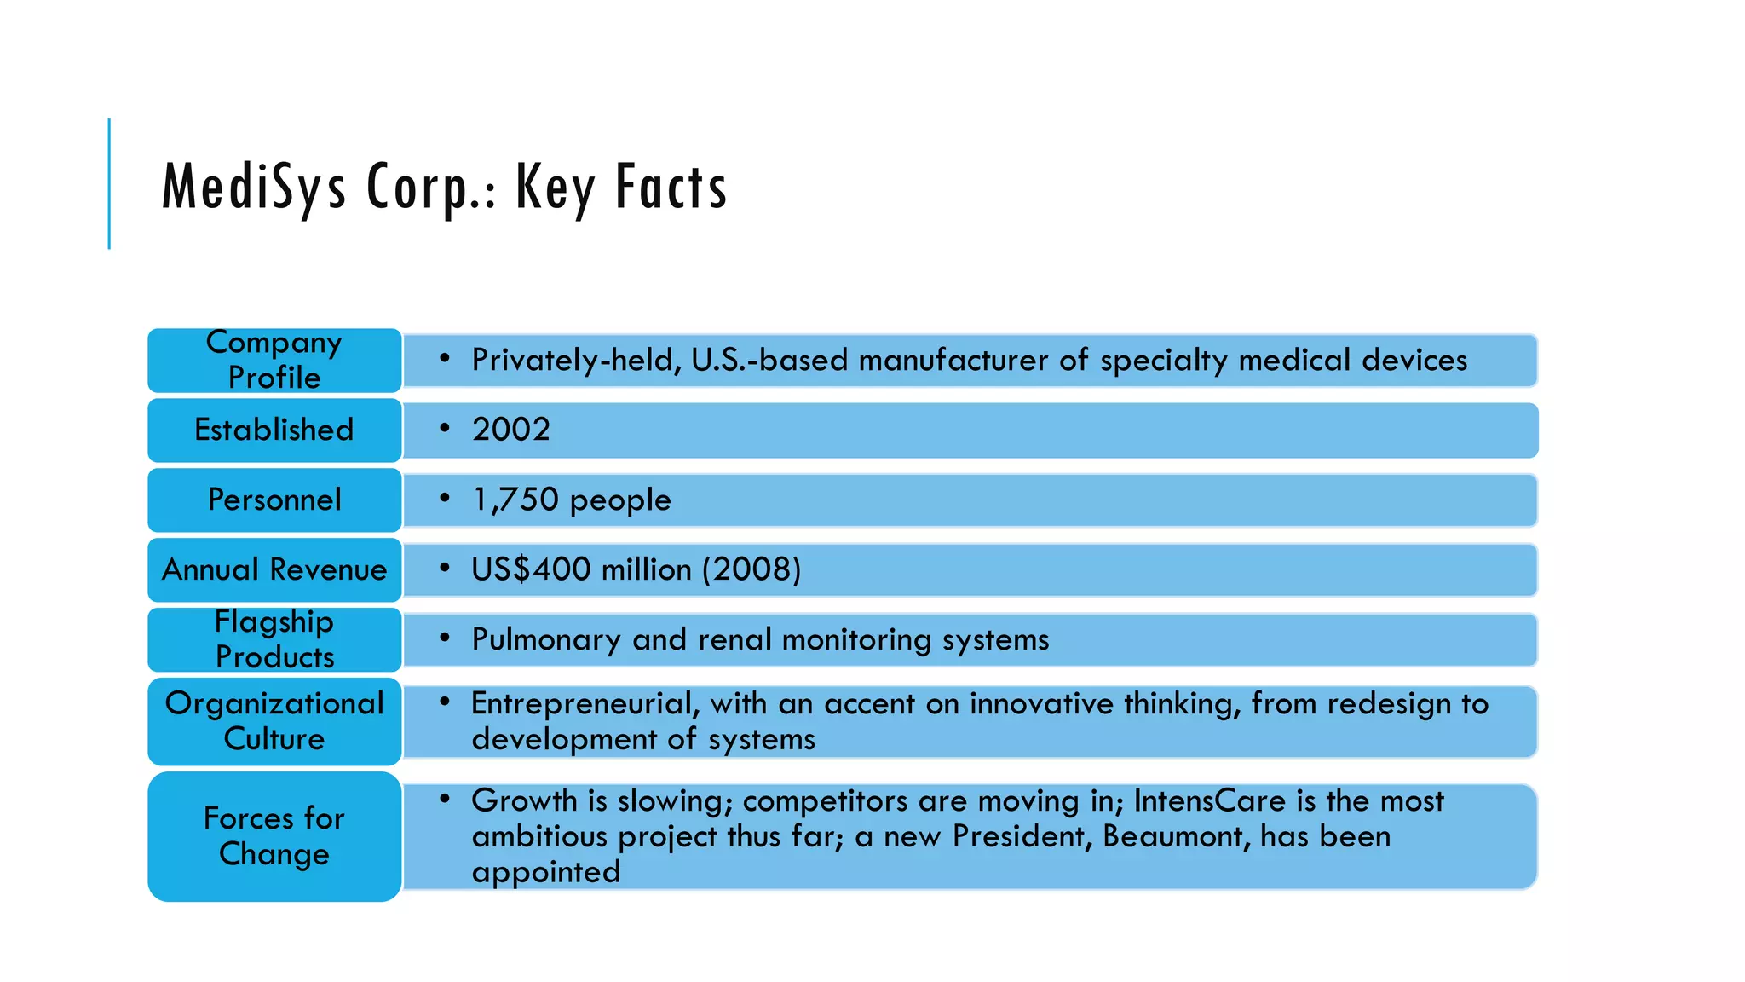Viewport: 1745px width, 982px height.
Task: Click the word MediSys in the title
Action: (254, 187)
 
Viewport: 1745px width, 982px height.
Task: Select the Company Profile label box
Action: (274, 360)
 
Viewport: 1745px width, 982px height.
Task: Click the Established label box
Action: (274, 430)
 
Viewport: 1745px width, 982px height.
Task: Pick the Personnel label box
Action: (274, 500)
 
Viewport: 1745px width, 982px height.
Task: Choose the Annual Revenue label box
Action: (274, 569)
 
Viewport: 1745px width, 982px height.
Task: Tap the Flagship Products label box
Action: (274, 639)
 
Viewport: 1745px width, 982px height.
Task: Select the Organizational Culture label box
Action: (274, 721)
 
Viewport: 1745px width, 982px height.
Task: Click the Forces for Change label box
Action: (274, 836)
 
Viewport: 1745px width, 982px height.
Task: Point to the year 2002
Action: (511, 430)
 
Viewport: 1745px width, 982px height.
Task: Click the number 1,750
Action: (515, 500)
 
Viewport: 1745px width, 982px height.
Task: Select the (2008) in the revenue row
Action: (752, 569)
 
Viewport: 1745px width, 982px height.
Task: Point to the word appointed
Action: (546, 873)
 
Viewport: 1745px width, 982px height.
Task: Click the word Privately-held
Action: (577, 361)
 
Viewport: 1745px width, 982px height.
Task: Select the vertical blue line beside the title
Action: (109, 183)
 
